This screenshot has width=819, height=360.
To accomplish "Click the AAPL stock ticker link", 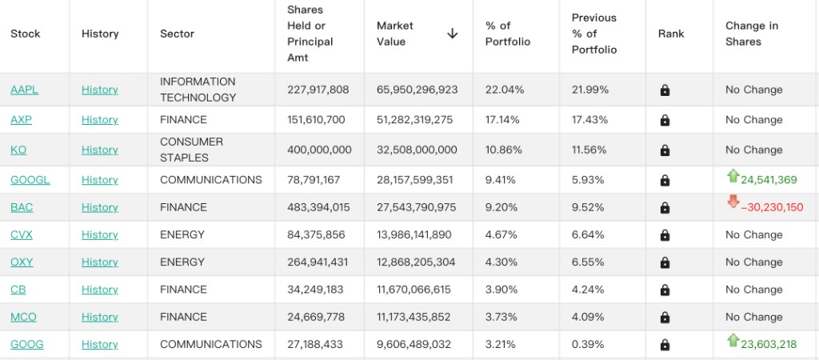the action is click(25, 90).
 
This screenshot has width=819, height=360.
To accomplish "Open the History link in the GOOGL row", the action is click(100, 180).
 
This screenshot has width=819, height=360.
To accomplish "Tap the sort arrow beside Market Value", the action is click(453, 34).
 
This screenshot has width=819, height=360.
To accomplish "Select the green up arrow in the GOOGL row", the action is click(733, 176).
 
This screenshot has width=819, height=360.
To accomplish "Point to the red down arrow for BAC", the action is click(733, 202).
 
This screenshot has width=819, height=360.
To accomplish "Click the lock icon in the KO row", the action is click(665, 150).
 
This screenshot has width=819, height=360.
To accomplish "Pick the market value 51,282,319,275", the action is click(415, 120).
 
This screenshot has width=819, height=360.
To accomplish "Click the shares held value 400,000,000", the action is click(319, 150).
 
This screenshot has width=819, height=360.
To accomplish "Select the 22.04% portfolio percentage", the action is click(505, 90).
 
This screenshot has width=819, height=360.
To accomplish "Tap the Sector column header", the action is click(177, 34).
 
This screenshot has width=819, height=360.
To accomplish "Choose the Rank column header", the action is click(671, 34).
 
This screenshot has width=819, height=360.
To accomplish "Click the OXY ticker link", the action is click(22, 262).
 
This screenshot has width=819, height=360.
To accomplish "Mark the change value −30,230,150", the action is click(772, 207).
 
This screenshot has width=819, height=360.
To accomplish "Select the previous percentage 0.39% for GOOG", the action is click(589, 344).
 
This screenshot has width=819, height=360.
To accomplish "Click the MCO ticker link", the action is click(23, 317).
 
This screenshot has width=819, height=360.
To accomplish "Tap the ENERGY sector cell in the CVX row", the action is click(182, 234).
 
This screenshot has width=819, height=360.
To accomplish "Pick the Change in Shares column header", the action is click(752, 34).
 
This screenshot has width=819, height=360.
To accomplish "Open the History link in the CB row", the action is click(100, 290).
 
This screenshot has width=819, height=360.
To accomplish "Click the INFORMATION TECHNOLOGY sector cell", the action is click(198, 90).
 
